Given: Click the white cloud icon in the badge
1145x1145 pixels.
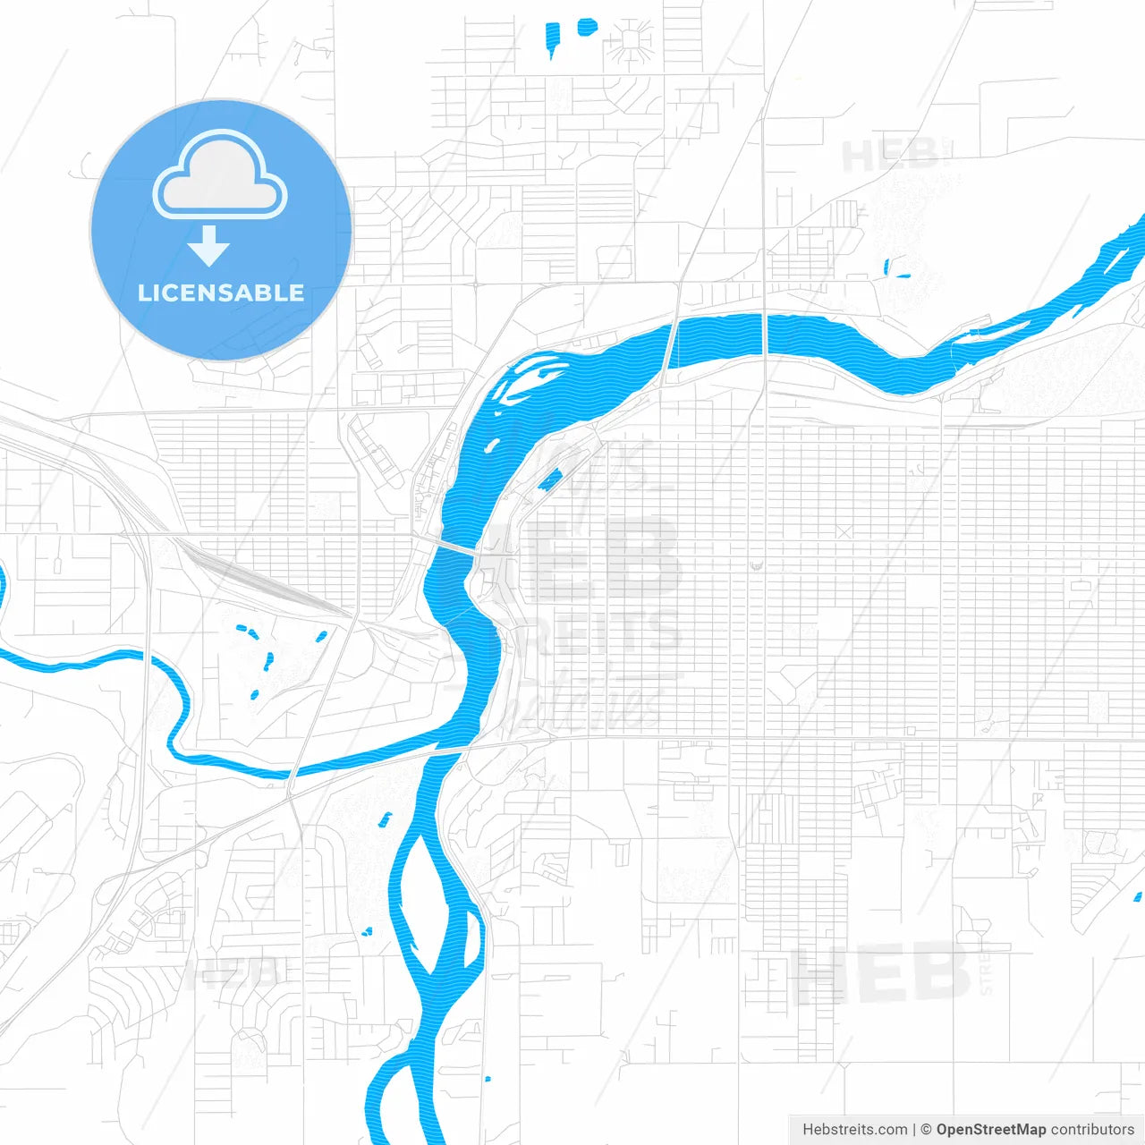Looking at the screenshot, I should (220, 177).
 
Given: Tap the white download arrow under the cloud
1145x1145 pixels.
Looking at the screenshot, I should (209, 246).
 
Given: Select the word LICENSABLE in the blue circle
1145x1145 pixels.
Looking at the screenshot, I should (221, 293).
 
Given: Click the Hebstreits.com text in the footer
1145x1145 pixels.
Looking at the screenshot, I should (854, 1130).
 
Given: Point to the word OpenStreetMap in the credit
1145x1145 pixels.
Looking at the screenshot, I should (990, 1130).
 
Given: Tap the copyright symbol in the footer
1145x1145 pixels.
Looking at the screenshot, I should (926, 1130).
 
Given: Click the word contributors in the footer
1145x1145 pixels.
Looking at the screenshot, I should (1092, 1130).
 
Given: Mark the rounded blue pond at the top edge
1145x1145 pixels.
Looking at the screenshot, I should (587, 27).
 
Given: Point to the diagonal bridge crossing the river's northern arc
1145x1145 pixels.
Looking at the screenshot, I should (670, 344).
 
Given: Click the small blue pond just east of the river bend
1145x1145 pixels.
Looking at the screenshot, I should (550, 480).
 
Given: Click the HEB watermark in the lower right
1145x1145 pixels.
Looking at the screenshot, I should (881, 975).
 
